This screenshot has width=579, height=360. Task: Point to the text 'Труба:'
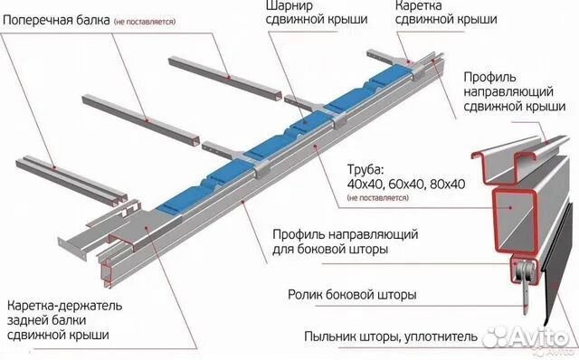click(365, 168)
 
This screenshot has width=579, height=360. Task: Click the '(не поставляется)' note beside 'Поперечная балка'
click(146, 21)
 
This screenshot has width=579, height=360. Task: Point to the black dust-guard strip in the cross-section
click(559, 271)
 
